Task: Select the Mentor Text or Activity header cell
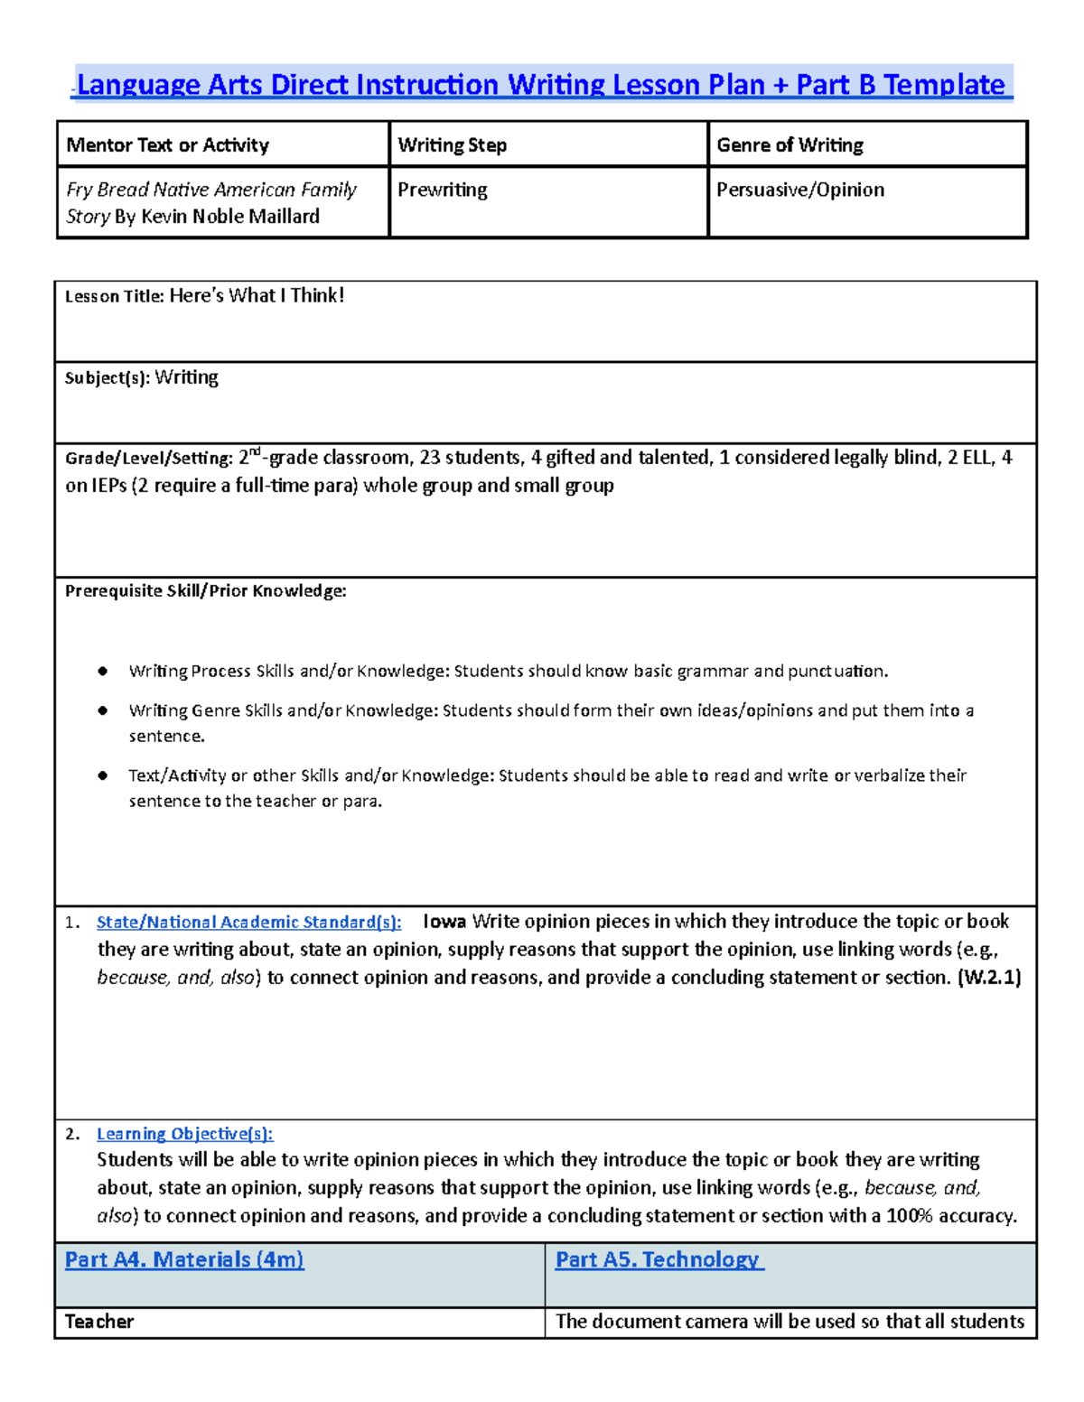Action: [168, 145]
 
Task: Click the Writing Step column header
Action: [452, 145]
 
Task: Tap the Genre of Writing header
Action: [790, 145]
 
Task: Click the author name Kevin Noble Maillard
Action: [230, 217]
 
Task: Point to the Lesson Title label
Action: [114, 296]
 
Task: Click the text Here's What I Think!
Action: [257, 295]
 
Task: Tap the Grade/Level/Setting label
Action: [148, 459]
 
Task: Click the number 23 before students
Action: [430, 458]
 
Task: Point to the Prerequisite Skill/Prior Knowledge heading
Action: [206, 591]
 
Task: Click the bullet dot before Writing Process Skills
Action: [103, 671]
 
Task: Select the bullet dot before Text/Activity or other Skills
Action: [103, 775]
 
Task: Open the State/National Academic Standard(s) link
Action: [248, 922]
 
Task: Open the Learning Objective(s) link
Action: [184, 1134]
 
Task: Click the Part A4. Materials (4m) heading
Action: [184, 1259]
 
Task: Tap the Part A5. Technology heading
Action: [659, 1259]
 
